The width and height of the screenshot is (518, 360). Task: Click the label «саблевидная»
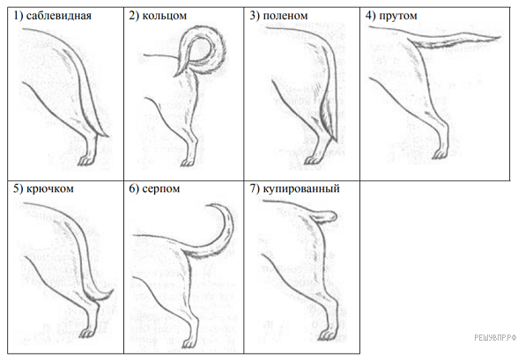pyautogui.click(x=58, y=16)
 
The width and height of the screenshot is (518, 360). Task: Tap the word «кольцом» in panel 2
pyautogui.click(x=164, y=16)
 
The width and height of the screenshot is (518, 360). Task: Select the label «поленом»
pyautogui.click(x=285, y=16)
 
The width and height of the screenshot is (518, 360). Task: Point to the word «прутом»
pyautogui.click(x=398, y=16)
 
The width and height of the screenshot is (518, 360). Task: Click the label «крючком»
pyautogui.click(x=49, y=188)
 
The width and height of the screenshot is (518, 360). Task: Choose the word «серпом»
pyautogui.click(x=161, y=188)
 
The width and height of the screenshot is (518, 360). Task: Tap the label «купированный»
pyautogui.click(x=301, y=188)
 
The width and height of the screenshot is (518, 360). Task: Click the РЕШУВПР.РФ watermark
pyautogui.click(x=495, y=338)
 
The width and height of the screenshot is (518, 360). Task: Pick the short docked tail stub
pyautogui.click(x=324, y=217)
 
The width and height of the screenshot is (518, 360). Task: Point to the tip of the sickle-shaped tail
pyautogui.click(x=208, y=206)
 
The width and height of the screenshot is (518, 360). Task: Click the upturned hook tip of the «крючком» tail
pyautogui.click(x=113, y=290)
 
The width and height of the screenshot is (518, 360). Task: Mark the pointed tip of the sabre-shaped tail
pyautogui.click(x=108, y=136)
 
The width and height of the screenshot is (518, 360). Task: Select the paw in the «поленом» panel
pyautogui.click(x=311, y=160)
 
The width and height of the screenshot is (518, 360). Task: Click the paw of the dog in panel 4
pyautogui.click(x=440, y=154)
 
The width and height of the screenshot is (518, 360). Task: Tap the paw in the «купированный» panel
pyautogui.click(x=326, y=336)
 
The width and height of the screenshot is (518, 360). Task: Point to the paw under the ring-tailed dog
pyautogui.click(x=187, y=162)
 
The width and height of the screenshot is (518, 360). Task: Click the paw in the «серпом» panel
pyautogui.click(x=189, y=343)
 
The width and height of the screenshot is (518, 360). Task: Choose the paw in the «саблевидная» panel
pyautogui.click(x=86, y=161)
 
